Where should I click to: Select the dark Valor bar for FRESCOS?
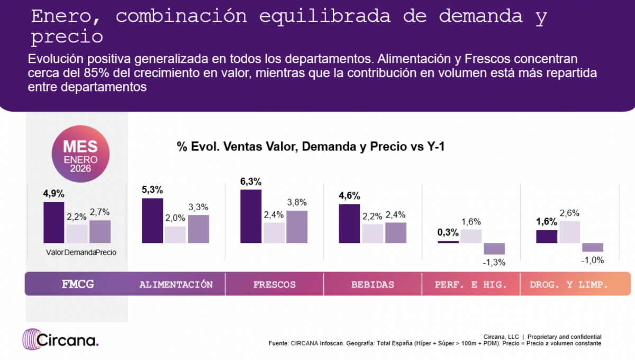pos(251,217)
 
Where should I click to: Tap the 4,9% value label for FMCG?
pos(53,194)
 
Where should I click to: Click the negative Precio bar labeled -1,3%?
pos(494,248)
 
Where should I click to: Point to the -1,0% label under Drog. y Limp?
pos(593,260)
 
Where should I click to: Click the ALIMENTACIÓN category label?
pos(176,284)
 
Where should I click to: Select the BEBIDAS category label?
pos(373,284)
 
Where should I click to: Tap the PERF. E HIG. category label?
pos(471,284)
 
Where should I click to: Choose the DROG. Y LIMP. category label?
pos(569,284)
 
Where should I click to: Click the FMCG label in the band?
pos(78,284)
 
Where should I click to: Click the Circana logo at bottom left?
pos(60,339)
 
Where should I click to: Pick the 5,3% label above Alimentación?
pos(152,190)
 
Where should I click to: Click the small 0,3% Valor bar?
pos(448,241)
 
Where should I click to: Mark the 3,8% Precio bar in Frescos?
pos(296,227)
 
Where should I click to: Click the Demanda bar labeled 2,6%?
pos(569,232)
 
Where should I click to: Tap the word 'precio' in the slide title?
pos(67,37)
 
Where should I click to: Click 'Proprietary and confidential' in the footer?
pos(564,337)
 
